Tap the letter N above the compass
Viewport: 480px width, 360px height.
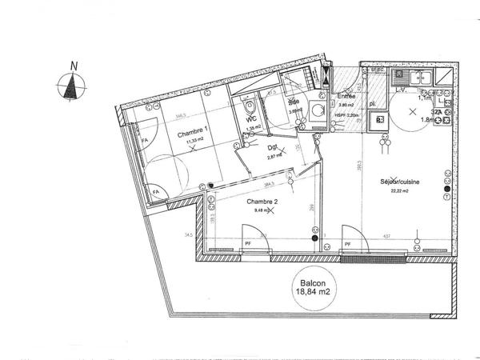tap(74, 66)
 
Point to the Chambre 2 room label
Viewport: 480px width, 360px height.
tap(262, 201)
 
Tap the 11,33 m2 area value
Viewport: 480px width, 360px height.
tap(194, 142)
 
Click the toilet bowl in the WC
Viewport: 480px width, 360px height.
tap(250, 107)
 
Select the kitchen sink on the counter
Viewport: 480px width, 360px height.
tap(422, 78)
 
